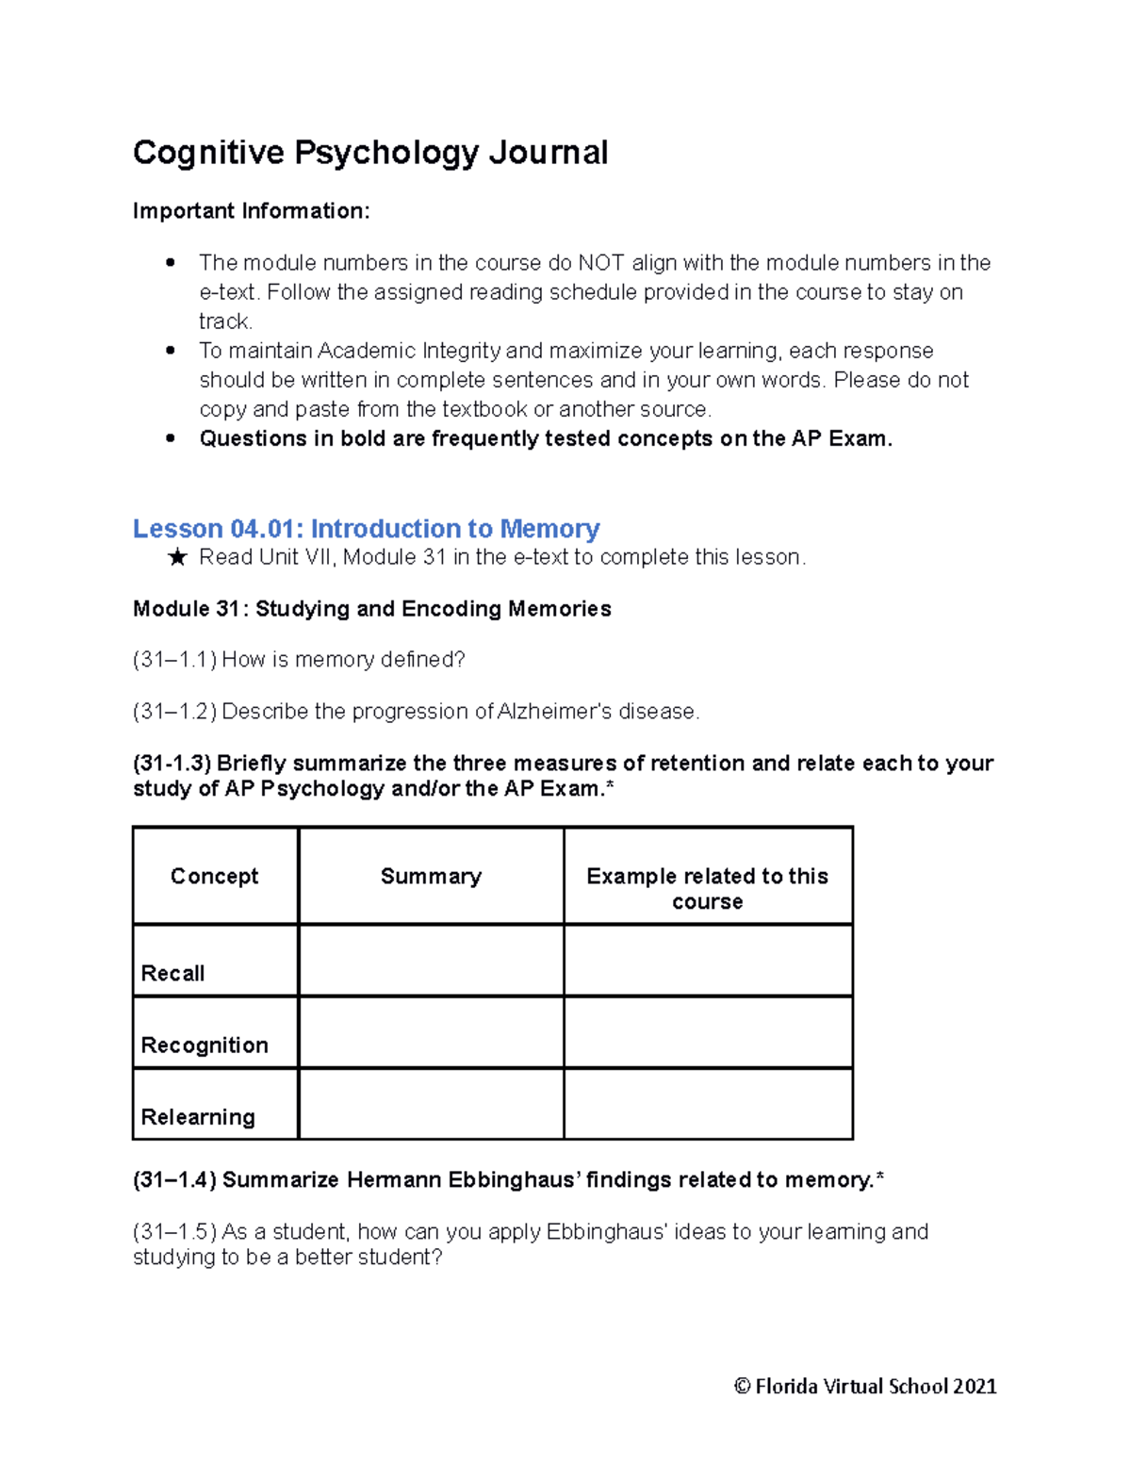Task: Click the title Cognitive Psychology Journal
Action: (370, 153)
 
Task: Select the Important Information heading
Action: (251, 211)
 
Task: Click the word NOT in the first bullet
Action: (599, 263)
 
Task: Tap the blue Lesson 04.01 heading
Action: (366, 528)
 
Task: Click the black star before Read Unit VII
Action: (176, 558)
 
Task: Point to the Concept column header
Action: (214, 876)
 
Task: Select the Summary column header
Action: (431, 876)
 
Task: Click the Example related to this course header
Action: (707, 888)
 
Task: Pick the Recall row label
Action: (172, 973)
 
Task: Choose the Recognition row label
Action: (205, 1045)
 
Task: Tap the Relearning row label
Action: (198, 1116)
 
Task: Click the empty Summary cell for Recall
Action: (431, 960)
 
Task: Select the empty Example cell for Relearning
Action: (707, 1104)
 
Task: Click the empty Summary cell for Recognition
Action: (431, 1032)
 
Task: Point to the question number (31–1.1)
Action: (174, 660)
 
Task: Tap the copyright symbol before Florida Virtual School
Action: (742, 1386)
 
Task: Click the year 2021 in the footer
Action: (975, 1386)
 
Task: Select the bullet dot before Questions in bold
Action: (171, 438)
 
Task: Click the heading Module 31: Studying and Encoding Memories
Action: (371, 609)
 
